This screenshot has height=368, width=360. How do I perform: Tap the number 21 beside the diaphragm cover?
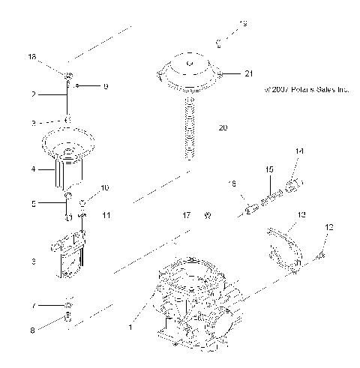[x=249, y=73]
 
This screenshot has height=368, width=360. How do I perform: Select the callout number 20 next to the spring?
[x=223, y=128]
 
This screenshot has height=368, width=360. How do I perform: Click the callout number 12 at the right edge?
[x=328, y=227]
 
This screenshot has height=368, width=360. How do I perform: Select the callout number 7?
[x=33, y=307]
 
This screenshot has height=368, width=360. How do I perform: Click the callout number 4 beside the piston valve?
[x=33, y=170]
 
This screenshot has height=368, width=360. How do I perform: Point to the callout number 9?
[x=106, y=87]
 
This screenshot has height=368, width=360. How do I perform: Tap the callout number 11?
[x=106, y=215]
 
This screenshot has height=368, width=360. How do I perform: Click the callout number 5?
[x=33, y=202]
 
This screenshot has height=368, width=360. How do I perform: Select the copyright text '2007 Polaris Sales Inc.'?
[x=307, y=89]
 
